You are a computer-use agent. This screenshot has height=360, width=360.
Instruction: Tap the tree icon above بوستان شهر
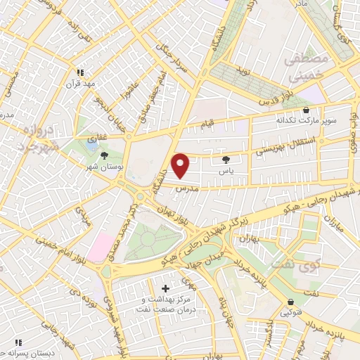(x=105, y=155)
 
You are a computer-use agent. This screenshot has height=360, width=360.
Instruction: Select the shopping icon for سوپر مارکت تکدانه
(x=306, y=110)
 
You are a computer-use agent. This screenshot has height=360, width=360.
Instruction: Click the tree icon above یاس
(x=225, y=160)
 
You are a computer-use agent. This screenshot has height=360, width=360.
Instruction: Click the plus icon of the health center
(x=166, y=288)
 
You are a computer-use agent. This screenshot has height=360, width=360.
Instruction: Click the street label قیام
(x=207, y=125)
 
